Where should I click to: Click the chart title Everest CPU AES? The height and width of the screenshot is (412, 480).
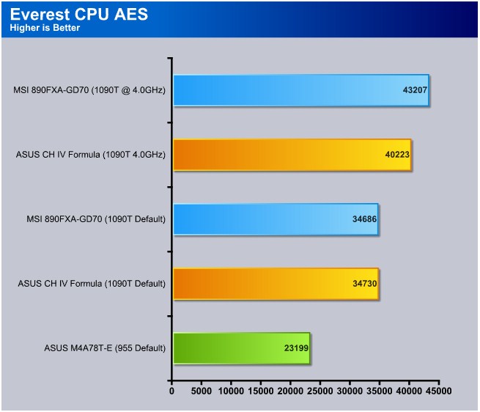pos(79,14)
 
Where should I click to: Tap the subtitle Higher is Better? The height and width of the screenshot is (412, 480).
pos(45,28)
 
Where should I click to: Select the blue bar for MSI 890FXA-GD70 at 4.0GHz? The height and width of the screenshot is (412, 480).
pos(301,90)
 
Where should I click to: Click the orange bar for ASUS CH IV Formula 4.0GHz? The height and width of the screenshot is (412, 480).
pos(292,155)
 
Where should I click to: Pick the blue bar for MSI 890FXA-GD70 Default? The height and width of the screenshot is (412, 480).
pos(276,219)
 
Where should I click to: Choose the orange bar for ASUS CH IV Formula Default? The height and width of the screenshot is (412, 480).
pos(276,284)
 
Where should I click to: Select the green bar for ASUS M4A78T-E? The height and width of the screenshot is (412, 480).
pos(242,348)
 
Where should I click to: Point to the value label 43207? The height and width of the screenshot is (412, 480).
pos(415,90)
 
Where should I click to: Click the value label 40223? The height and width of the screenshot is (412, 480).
pos(397,155)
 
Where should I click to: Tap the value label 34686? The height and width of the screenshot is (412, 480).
pos(364,219)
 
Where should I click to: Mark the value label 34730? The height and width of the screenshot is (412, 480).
pos(365,284)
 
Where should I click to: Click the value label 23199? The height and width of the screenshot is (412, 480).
pos(296,348)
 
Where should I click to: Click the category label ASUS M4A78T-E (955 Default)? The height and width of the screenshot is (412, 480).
pos(105,348)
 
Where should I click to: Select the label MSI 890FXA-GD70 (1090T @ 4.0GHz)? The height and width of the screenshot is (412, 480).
pos(89,90)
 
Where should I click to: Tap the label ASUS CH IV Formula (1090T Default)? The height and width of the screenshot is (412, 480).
pos(92,284)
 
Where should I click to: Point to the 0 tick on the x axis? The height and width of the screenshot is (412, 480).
pos(171,391)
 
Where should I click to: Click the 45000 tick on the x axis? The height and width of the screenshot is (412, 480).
pos(439,391)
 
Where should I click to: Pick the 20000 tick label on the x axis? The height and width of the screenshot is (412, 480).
pos(290,391)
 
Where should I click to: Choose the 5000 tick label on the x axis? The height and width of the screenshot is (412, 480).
pos(201,391)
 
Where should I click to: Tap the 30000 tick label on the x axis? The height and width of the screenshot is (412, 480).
pos(350,391)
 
